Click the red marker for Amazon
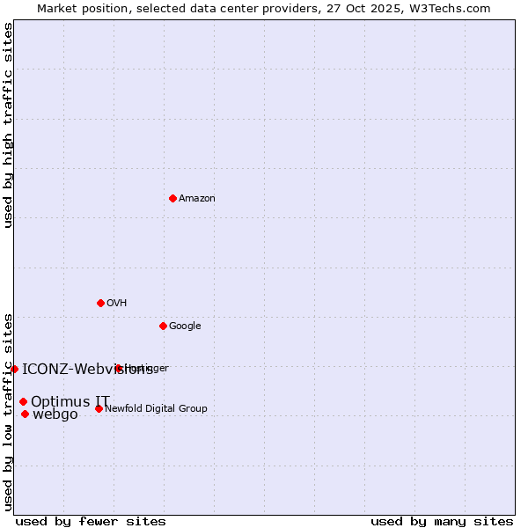tap(172, 198)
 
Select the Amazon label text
tap(197, 199)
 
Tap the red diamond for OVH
tap(100, 303)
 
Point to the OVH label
tap(117, 304)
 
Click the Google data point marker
tap(163, 326)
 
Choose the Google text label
tap(185, 326)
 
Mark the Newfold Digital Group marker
tap(99, 408)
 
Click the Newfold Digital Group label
tap(156, 408)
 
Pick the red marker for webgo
tap(25, 414)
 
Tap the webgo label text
tap(55, 414)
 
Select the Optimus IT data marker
tap(23, 401)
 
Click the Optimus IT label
tap(70, 401)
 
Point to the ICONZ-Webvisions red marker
tap(14, 369)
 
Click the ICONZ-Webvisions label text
tap(87, 369)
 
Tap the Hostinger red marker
tap(118, 368)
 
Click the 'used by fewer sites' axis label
tap(91, 521)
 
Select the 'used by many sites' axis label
tap(442, 521)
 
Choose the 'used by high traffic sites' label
tap(8, 125)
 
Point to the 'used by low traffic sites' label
tap(8, 411)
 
